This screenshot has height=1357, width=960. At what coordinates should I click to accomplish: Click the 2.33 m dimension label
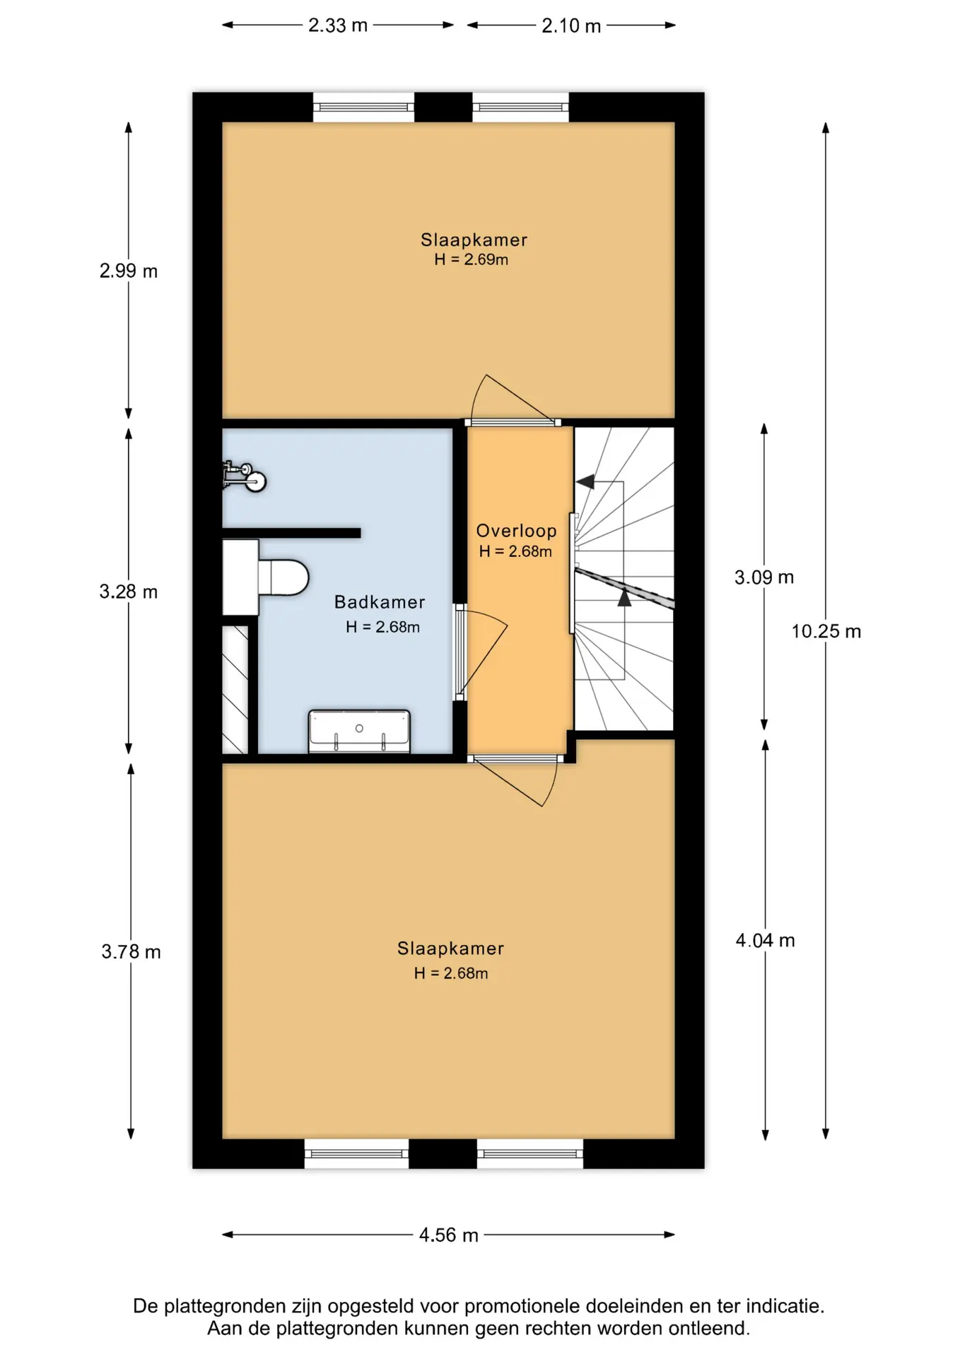(337, 25)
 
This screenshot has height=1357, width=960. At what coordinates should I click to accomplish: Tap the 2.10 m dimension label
(571, 26)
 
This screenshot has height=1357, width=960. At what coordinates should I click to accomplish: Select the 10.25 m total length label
(826, 631)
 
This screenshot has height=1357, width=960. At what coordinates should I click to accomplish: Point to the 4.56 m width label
(448, 1235)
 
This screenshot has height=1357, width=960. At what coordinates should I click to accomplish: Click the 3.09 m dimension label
(764, 577)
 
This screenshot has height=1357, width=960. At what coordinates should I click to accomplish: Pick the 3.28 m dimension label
(128, 592)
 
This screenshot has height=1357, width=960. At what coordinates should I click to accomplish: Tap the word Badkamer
(380, 602)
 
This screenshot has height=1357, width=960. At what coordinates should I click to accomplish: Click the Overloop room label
(516, 531)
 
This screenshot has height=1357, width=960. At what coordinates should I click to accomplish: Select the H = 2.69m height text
(471, 259)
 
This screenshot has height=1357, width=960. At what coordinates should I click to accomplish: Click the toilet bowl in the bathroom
(283, 577)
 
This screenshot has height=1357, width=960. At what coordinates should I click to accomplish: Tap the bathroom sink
(359, 732)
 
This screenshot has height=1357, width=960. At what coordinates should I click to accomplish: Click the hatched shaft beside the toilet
(235, 690)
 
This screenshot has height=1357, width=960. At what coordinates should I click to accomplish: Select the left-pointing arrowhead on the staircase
(585, 482)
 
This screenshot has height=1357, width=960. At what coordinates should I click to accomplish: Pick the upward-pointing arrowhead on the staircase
(624, 598)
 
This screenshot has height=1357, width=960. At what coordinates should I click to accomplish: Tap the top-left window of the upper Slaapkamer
(363, 107)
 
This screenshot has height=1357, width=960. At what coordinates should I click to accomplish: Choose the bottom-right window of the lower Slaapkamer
(530, 1153)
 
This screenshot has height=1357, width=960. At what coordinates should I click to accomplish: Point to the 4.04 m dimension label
(765, 941)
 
